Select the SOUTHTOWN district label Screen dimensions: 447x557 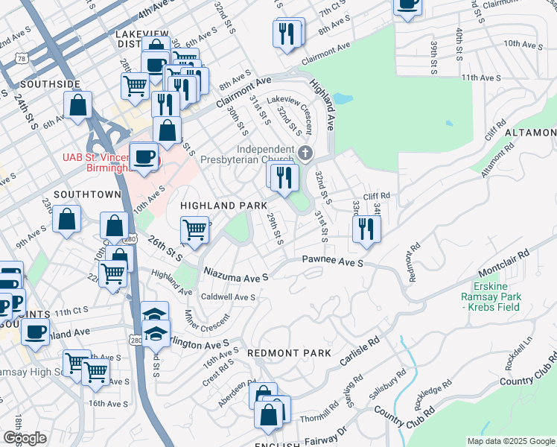click(x=87, y=194)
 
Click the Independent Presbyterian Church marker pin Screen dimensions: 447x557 click(x=305, y=153)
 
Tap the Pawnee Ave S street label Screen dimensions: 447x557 click(x=332, y=262)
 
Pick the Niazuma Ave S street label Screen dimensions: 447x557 click(x=236, y=276)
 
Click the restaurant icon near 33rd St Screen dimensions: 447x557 click(x=366, y=229)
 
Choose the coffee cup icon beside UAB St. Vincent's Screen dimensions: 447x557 click(x=143, y=156)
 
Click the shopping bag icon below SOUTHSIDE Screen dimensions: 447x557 click(x=77, y=106)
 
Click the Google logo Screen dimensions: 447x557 click(x=25, y=438)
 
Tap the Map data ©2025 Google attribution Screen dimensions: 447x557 click(x=510, y=441)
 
